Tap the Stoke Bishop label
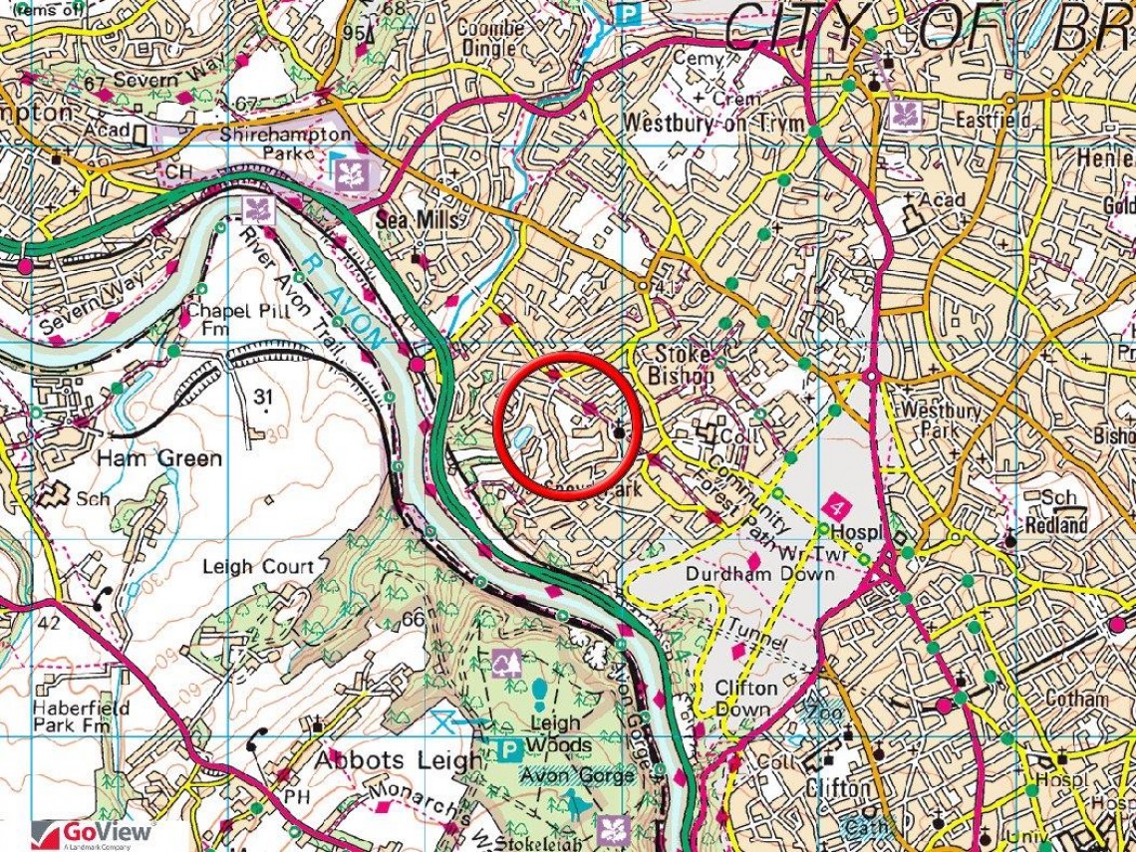[683, 365]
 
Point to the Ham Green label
[159, 458]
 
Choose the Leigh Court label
[259, 566]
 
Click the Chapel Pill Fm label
[222, 318]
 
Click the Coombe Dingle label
[490, 38]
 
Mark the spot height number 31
[263, 398]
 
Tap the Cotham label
[1075, 699]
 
